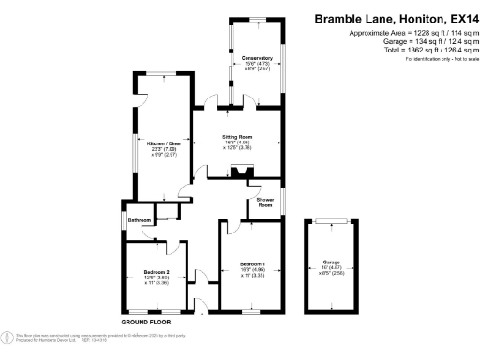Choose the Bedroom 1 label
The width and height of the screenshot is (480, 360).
coord(251,264)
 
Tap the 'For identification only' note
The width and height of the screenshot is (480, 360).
coord(437,60)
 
